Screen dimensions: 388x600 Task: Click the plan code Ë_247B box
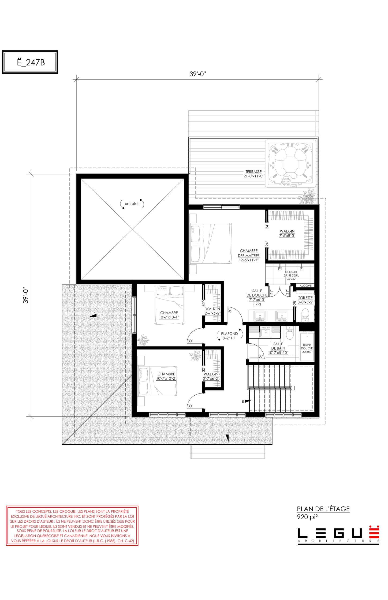[30, 62]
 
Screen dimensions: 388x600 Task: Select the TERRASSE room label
[254, 174]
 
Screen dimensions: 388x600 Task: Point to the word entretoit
[132, 204]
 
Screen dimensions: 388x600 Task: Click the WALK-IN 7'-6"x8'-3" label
[287, 234]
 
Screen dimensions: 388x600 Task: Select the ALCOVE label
[306, 286]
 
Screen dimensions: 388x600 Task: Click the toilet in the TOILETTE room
[305, 315]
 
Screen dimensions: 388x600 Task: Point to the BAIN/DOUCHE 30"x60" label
[307, 348]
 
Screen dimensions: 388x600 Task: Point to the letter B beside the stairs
[243, 401]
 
